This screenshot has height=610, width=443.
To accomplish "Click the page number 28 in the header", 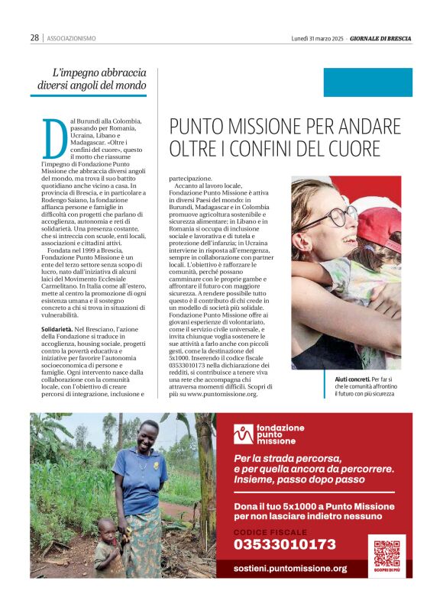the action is pos(35,37).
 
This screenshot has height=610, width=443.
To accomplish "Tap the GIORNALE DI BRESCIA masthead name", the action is pos(380,38).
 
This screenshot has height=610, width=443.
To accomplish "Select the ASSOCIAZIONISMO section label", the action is pos(71,38).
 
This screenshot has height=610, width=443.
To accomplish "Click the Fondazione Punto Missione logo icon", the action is pos(244,434).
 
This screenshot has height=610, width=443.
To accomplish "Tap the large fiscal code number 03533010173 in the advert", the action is pos(284,544).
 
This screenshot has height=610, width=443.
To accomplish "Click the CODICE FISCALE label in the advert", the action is pos(270,531).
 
